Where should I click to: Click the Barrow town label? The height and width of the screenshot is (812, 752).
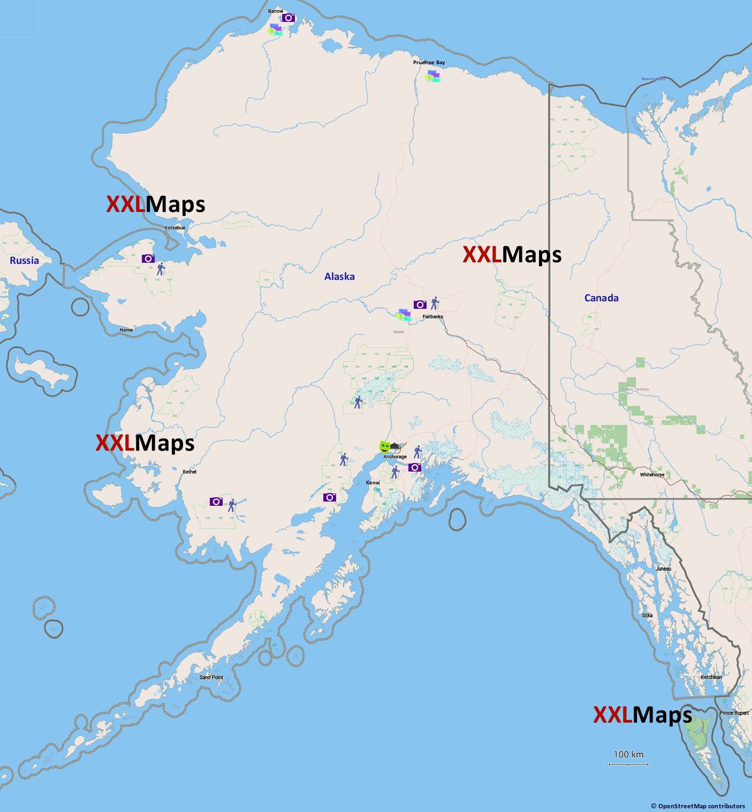276,11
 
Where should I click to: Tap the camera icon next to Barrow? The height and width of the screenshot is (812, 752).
288,18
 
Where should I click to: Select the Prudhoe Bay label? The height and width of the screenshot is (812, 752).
429,63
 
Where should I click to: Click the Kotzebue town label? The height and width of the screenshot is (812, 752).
174,228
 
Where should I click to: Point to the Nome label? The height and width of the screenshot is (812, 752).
126,330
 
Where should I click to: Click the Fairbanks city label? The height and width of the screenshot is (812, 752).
432,317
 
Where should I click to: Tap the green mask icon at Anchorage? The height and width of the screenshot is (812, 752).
384,446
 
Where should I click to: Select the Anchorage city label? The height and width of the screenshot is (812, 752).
395,457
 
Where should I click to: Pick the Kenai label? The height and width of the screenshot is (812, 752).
373,483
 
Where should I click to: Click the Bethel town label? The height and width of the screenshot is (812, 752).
189,472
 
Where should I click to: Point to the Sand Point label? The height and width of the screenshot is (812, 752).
211,678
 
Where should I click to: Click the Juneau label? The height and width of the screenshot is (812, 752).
663,569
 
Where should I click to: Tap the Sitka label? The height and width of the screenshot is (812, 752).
647,616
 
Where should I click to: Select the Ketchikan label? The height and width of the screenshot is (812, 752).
711,677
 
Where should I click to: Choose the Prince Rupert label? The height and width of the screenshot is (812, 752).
734,713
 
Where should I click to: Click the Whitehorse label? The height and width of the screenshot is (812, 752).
652,475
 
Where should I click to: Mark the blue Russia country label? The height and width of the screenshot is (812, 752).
24,261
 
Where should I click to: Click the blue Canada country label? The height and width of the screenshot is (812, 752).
601,298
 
